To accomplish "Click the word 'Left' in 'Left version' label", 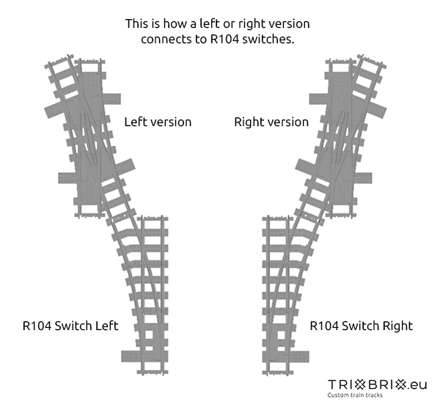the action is pos(136,122).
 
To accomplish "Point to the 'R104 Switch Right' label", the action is pos(362,325).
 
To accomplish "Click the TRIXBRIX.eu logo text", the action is pos(377,384).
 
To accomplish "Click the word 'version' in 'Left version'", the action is pos(170,122).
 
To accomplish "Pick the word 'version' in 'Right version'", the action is pos(287,122).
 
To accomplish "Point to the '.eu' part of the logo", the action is pos(418,384).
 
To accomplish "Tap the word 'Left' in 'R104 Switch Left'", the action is pos(107,325).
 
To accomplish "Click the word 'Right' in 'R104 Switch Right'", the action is pos(397,325).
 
